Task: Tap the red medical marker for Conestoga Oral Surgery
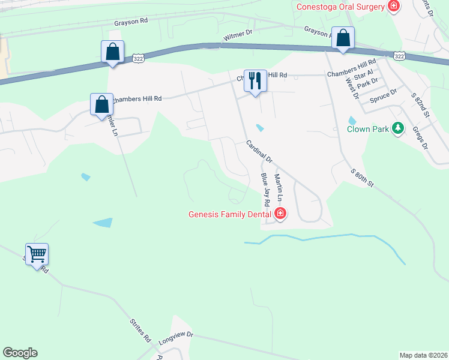click(394, 7)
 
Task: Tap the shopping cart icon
click(37, 254)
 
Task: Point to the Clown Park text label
click(367, 128)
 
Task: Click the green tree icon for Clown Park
click(397, 128)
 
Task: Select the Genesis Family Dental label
click(231, 214)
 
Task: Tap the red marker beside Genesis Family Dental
click(280, 213)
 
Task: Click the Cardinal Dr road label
click(259, 152)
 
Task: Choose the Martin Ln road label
click(279, 188)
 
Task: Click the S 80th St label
click(363, 178)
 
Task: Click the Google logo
click(20, 353)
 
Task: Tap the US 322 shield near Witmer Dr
click(139, 58)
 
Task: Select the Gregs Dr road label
click(420, 137)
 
